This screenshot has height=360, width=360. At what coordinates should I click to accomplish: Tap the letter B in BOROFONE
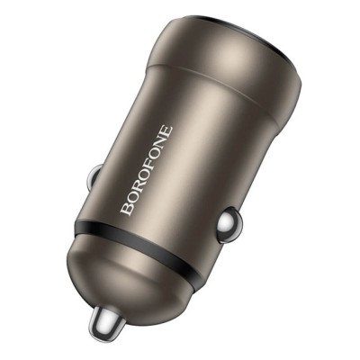(126, 210)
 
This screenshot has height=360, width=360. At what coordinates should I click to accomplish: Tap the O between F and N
(151, 156)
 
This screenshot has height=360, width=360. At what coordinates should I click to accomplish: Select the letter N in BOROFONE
(158, 144)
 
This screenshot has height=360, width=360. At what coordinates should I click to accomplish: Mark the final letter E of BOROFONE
(166, 131)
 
